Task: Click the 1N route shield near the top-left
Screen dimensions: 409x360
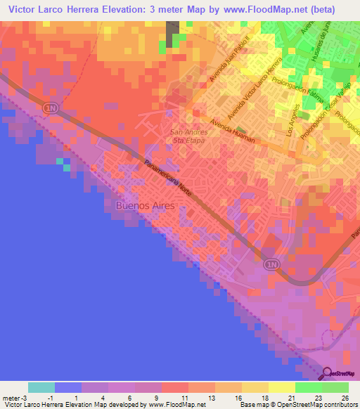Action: [49, 108]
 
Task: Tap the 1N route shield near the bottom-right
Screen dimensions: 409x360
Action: [271, 264]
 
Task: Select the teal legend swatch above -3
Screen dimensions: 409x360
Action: [41, 387]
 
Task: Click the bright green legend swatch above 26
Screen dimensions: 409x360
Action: [335, 387]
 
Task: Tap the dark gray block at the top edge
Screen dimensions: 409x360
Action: [172, 31]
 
